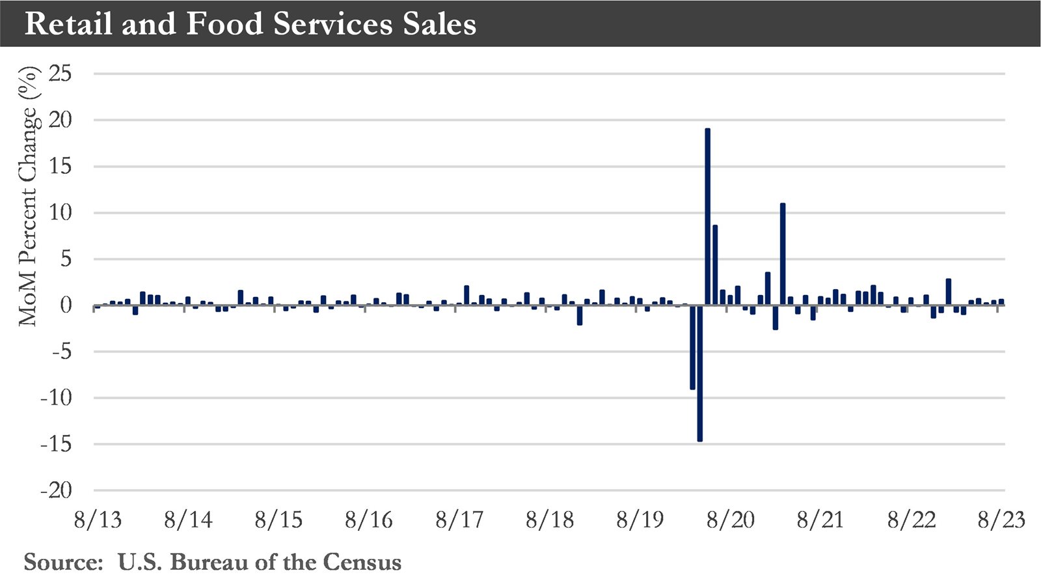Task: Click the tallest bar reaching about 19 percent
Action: [707, 215]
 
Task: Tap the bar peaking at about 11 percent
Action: [783, 254]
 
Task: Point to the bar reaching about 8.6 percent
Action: [715, 264]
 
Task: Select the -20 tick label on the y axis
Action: [56, 490]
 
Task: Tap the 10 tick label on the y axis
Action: [60, 213]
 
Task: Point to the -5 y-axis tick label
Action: [60, 352]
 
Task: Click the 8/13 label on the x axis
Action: [98, 520]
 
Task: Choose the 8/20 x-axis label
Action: [731, 520]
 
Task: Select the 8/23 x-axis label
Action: [1001, 520]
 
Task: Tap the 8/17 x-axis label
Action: [459, 520]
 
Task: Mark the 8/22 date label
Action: [911, 520]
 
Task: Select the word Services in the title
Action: [332, 24]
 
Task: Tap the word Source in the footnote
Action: [63, 562]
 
